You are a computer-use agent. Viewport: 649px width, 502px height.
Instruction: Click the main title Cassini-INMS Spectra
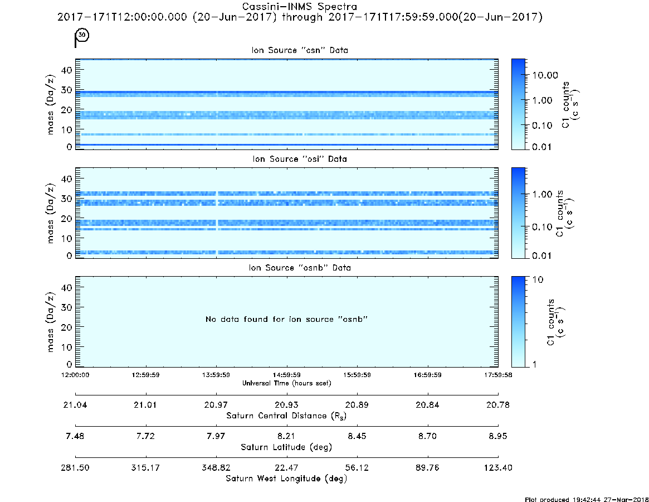tap(299, 7)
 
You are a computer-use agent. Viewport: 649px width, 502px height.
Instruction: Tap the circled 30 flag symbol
tap(81, 37)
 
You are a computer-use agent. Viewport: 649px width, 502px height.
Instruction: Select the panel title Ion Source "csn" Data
tap(300, 50)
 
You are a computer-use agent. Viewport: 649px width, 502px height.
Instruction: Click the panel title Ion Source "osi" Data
tap(300, 159)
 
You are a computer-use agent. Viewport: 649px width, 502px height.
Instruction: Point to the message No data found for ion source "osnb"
tap(286, 319)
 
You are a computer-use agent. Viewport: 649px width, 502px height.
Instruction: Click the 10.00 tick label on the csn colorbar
tap(545, 75)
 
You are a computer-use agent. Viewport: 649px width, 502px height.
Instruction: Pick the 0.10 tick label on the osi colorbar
tap(542, 227)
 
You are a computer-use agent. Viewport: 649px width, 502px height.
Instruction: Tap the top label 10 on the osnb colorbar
tap(538, 279)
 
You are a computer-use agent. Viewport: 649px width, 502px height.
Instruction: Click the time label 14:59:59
tap(286, 375)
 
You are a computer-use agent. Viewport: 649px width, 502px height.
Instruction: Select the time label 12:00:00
tap(75, 375)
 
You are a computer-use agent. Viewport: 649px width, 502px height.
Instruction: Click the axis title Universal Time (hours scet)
tap(286, 383)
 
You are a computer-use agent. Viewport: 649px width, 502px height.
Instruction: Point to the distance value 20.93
tap(286, 405)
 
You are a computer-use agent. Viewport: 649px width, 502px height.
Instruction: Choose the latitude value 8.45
tap(357, 436)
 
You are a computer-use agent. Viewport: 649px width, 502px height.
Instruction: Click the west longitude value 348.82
tap(216, 467)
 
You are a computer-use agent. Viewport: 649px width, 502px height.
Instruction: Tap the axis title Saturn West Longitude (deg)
tap(286, 479)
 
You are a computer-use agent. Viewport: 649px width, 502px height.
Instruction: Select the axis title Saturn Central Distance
tap(286, 416)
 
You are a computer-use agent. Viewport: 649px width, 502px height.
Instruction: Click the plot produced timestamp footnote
tap(587, 499)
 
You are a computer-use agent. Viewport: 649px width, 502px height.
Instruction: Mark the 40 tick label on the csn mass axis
tap(67, 70)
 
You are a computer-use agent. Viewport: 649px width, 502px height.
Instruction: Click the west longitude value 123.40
tap(498, 467)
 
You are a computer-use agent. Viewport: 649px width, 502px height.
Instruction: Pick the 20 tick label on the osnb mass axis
tap(67, 327)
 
